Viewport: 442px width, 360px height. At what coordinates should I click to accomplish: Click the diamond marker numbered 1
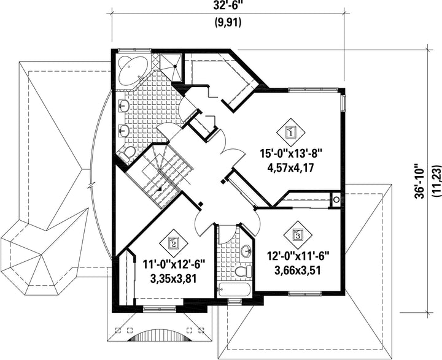[290, 131]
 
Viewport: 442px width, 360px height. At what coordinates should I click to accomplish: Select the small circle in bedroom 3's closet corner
[336, 198]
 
